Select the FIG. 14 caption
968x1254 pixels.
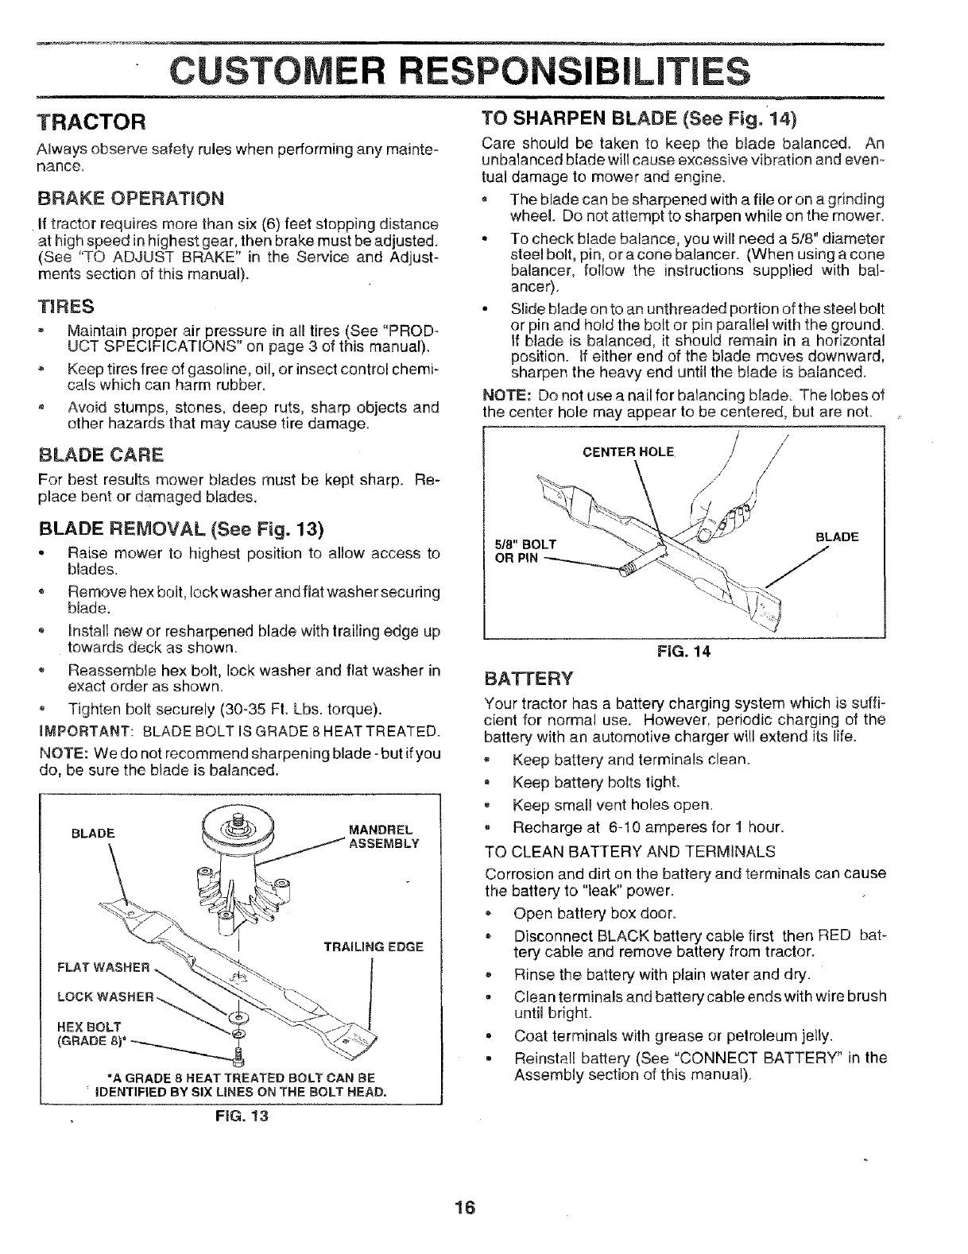tap(683, 651)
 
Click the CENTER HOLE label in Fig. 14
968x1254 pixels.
tap(629, 453)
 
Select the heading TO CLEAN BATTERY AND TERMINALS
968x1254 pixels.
tap(629, 852)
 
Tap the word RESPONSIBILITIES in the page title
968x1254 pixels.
tap(570, 68)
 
